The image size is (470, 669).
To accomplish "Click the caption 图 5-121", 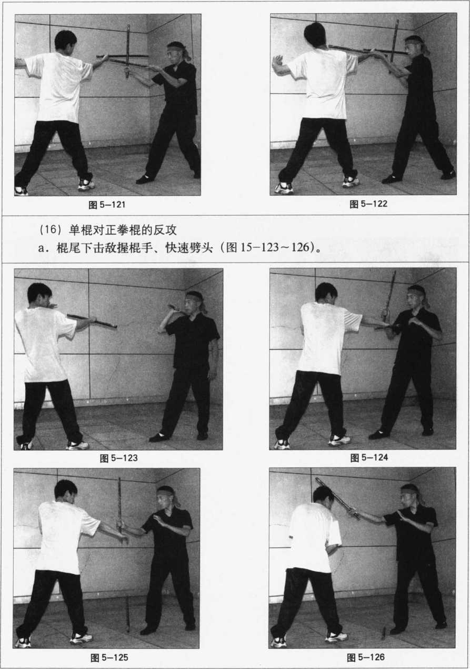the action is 107,205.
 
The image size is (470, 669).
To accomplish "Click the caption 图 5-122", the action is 368,204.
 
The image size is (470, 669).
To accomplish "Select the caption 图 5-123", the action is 118,458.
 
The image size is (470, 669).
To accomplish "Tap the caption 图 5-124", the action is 369,457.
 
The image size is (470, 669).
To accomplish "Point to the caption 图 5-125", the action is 109,657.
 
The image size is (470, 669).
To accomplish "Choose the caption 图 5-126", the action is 366,657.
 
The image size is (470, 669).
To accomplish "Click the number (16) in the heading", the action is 48,229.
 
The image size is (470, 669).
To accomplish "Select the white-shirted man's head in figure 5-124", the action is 326,295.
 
